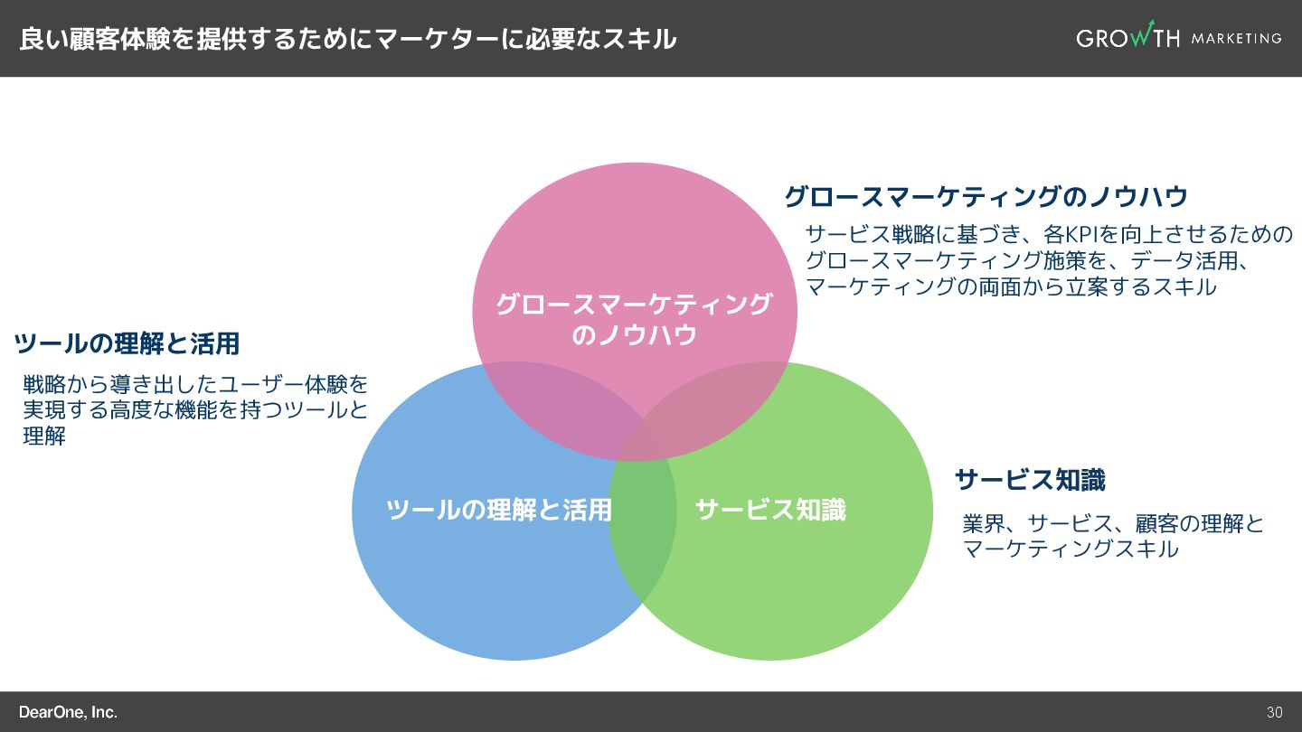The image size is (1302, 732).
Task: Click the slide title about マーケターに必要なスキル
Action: click(x=347, y=39)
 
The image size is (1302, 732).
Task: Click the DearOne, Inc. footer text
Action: click(x=68, y=712)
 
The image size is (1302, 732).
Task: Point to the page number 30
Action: click(x=1274, y=712)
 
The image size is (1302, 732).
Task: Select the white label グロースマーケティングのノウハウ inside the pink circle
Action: click(x=634, y=319)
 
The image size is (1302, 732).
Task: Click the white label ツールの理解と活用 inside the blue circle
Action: click(x=498, y=510)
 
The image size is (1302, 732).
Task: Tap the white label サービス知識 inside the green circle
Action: click(x=770, y=510)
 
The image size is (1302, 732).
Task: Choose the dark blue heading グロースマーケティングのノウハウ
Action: click(x=986, y=196)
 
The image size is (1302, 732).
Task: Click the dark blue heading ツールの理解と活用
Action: click(x=127, y=343)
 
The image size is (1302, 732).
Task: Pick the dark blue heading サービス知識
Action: click(x=1030, y=480)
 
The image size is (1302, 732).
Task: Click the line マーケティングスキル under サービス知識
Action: click(x=1071, y=549)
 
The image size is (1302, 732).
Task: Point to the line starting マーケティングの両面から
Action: click(x=1011, y=287)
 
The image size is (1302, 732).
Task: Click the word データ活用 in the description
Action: click(x=1180, y=261)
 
